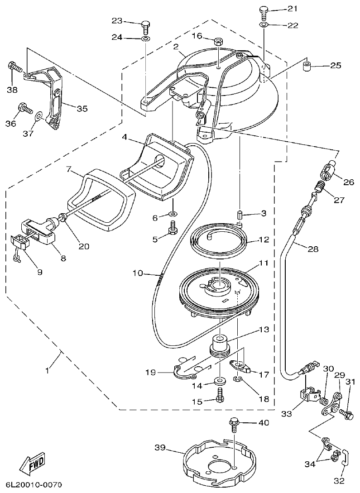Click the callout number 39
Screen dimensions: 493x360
point(159,448)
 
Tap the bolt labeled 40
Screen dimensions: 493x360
point(234,424)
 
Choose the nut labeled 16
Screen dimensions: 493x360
point(217,42)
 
